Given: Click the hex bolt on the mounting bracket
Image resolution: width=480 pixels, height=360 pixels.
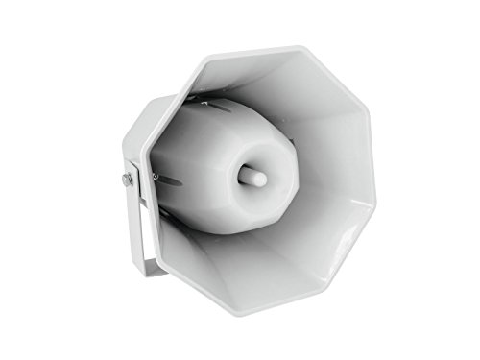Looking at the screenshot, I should pos(127,180).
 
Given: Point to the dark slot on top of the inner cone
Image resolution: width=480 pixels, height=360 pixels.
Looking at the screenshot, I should pos(216,105).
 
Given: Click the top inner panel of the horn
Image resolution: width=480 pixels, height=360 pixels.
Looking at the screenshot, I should pos(278,82).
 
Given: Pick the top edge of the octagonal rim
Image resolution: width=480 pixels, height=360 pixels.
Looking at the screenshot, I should pos(259,48).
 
